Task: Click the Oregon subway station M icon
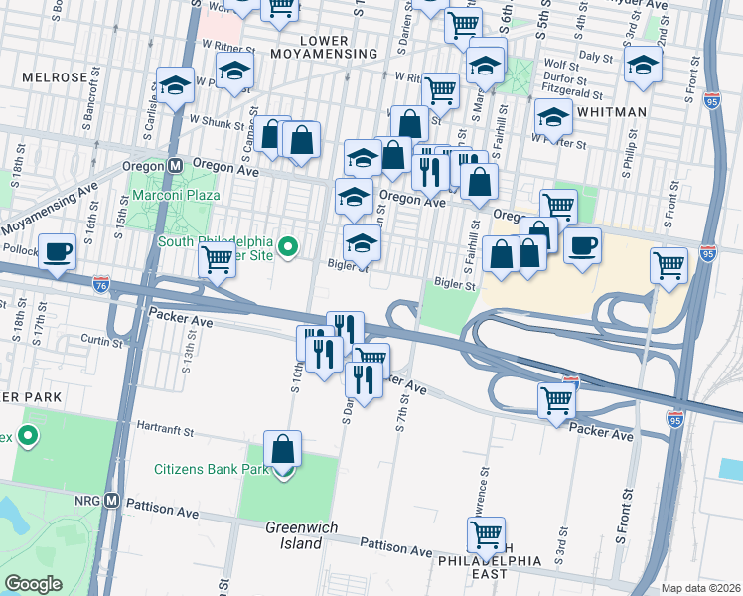pyautogui.click(x=175, y=166)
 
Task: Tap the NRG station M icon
pyautogui.click(x=112, y=501)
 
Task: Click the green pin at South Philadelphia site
pyautogui.click(x=288, y=245)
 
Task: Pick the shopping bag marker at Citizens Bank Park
pyautogui.click(x=283, y=449)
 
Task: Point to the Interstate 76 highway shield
pyautogui.click(x=99, y=284)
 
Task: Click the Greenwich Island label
pyautogui.click(x=293, y=535)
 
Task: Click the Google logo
pyautogui.click(x=34, y=584)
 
